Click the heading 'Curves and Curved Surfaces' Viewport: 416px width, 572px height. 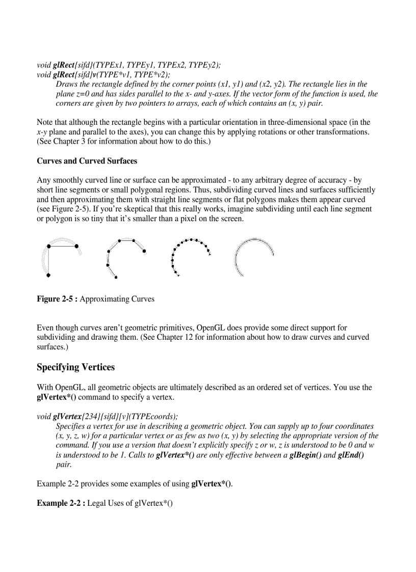87,161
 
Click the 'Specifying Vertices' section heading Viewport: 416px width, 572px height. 75,367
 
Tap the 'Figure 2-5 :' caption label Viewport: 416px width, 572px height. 57,299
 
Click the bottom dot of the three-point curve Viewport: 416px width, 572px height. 48,275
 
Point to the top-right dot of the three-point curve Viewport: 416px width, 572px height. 76,246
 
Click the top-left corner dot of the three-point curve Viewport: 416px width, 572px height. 48,246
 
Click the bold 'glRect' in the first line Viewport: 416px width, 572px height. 64,65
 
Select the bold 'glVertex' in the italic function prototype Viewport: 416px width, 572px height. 69,416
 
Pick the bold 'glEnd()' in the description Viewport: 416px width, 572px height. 350,455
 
